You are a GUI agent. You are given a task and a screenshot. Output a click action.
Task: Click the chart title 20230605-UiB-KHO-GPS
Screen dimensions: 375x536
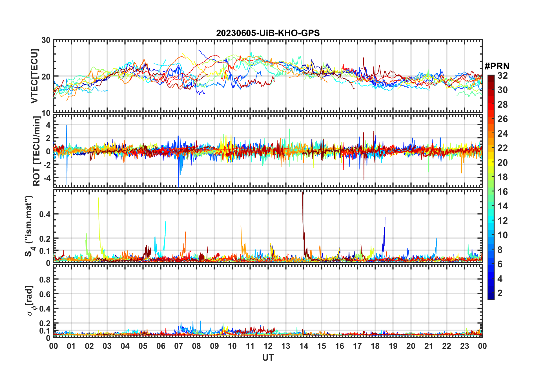point(268,33)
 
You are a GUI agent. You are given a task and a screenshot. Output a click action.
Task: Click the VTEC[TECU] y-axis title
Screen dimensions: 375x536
point(35,76)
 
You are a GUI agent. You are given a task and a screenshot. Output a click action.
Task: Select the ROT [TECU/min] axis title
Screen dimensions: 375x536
point(37,151)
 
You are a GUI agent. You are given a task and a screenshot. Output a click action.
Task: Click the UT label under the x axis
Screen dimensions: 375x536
point(268,358)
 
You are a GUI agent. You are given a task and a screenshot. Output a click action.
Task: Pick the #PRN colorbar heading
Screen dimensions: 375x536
point(497,66)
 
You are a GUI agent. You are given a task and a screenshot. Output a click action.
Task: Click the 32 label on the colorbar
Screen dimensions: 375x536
point(502,76)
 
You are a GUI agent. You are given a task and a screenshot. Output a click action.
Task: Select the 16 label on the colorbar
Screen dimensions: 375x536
point(502,192)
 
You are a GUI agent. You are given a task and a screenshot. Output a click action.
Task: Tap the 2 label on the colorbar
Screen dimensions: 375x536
point(500,293)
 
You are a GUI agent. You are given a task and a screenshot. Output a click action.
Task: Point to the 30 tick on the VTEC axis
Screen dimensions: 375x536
point(46,40)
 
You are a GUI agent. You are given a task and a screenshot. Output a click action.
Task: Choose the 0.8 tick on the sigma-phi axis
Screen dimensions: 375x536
point(45,279)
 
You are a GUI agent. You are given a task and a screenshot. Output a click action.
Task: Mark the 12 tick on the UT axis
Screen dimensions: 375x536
point(268,346)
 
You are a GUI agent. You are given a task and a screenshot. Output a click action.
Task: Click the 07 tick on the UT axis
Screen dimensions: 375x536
point(179,346)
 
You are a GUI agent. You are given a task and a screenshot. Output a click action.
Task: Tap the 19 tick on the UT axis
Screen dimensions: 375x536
point(393,346)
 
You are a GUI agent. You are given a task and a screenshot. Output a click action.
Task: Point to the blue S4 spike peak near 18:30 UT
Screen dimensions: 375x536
point(385,218)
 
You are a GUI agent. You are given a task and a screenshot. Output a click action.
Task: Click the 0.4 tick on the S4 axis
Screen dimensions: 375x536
point(45,214)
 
